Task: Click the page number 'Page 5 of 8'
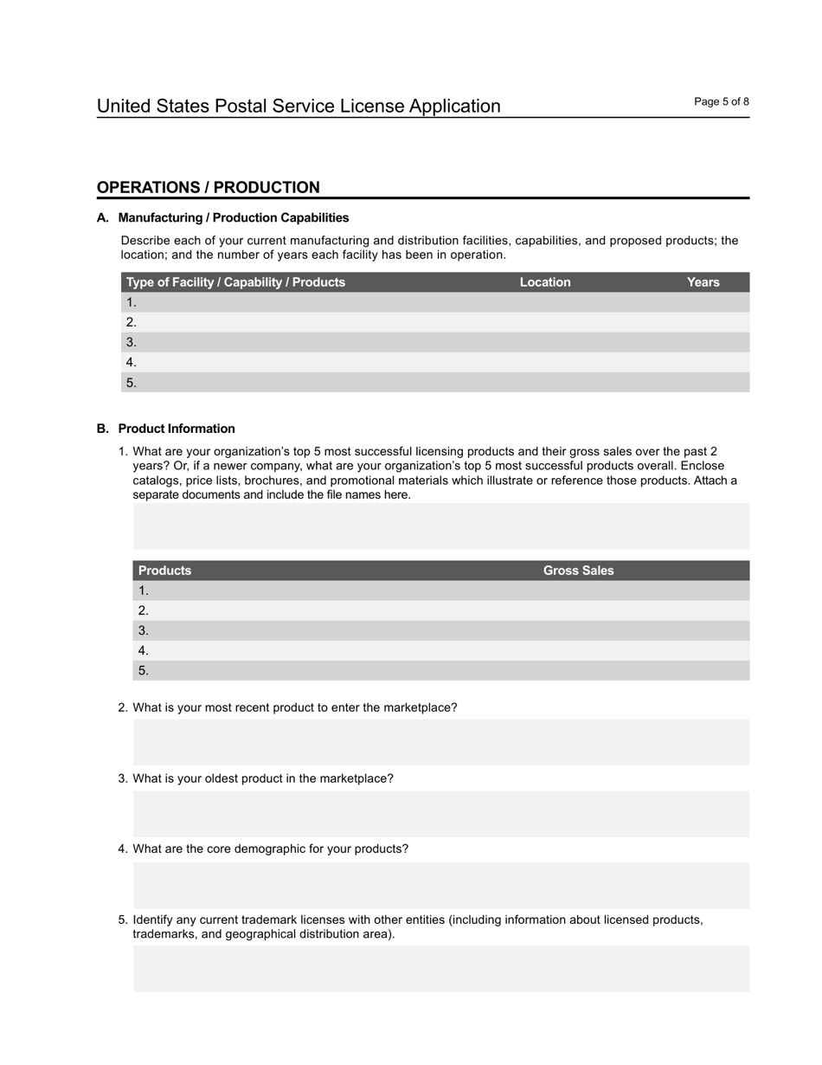(x=721, y=102)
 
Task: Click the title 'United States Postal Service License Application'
(x=299, y=106)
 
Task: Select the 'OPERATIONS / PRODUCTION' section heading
(x=208, y=188)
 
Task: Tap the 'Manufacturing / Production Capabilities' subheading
(x=234, y=217)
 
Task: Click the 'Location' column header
(x=545, y=282)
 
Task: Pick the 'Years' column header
(x=703, y=282)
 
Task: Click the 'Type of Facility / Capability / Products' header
(x=235, y=282)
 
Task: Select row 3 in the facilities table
(x=434, y=342)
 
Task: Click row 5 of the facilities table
(x=434, y=383)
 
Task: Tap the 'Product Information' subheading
(x=177, y=429)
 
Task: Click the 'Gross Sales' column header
(x=578, y=571)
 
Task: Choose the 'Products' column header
(x=164, y=571)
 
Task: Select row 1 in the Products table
(x=440, y=591)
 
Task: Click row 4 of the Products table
(x=440, y=650)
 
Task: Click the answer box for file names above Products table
(x=440, y=526)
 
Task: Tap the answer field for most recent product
(x=440, y=742)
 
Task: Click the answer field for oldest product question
(x=440, y=813)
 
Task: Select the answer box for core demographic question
(x=440, y=884)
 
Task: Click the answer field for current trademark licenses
(x=440, y=968)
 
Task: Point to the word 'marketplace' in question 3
(x=356, y=778)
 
